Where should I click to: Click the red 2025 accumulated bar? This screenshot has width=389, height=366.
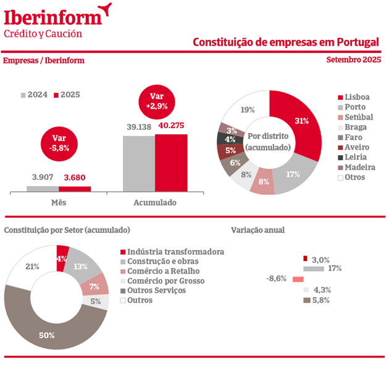pyautogui.click(x=171, y=163)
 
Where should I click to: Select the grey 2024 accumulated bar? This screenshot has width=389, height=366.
pyautogui.click(x=139, y=163)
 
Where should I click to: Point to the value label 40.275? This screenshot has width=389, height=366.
pyautogui.click(x=172, y=126)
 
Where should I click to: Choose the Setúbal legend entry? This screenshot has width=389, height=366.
pyautogui.click(x=359, y=117)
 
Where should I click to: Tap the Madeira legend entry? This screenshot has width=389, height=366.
pyautogui.click(x=359, y=167)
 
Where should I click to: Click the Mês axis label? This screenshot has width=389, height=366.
pyautogui.click(x=59, y=202)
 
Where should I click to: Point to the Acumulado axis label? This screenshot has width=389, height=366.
pyautogui.click(x=155, y=202)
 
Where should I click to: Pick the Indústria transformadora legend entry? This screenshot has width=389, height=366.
pyautogui.click(x=171, y=251)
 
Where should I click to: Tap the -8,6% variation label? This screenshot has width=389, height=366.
pyautogui.click(x=276, y=279)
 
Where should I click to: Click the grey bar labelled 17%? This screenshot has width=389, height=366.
pyautogui.click(x=314, y=269)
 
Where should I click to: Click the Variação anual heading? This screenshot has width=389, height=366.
pyautogui.click(x=257, y=230)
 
